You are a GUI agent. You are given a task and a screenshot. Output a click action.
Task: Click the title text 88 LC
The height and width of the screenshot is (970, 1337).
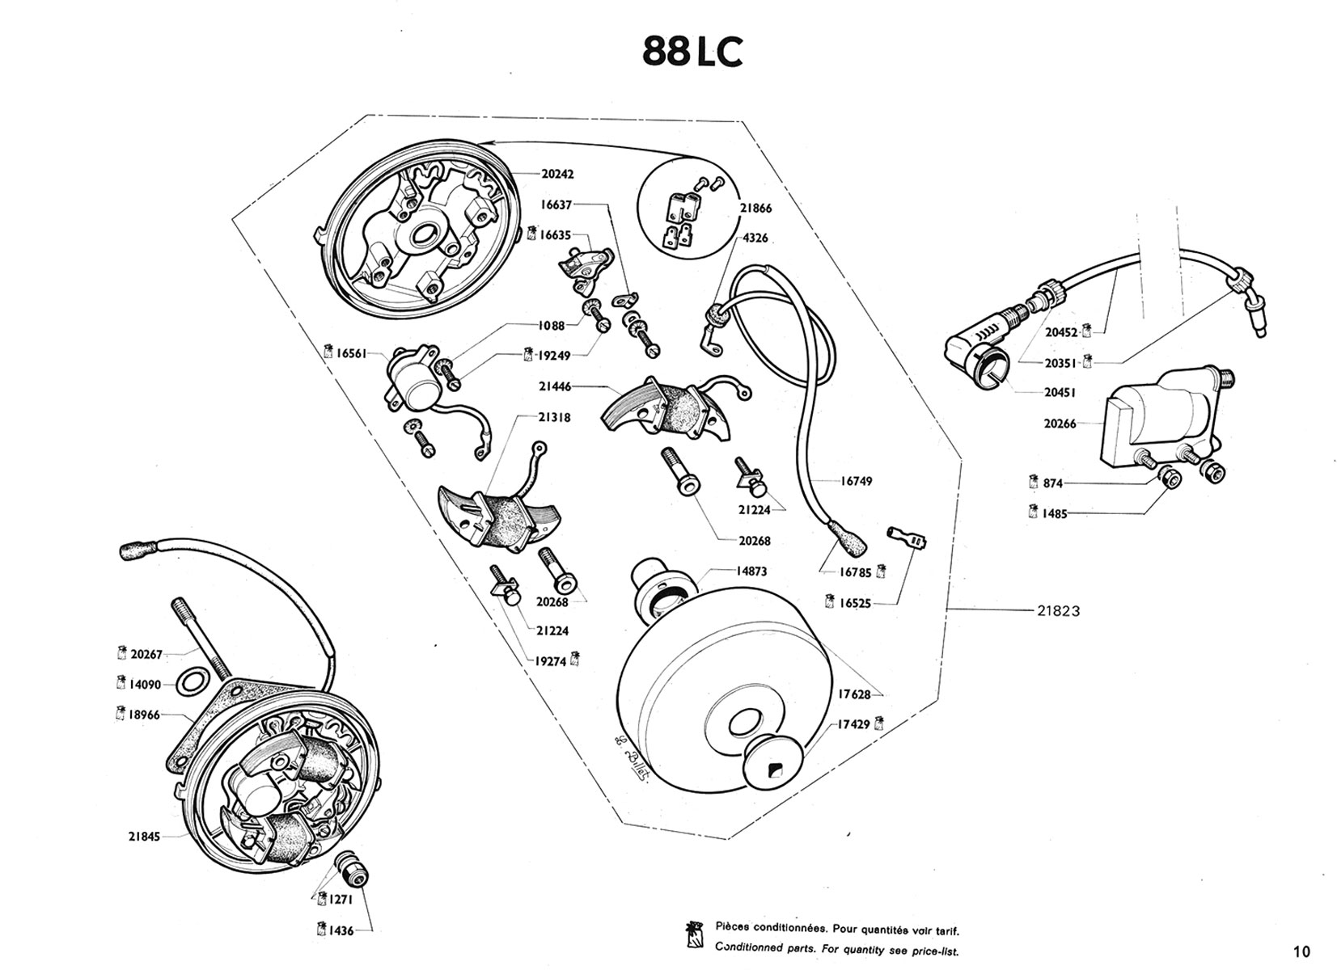click(692, 51)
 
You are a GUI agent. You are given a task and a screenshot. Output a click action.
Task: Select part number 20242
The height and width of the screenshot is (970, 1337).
click(557, 174)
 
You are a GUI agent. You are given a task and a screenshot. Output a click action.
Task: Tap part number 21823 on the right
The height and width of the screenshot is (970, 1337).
click(1058, 611)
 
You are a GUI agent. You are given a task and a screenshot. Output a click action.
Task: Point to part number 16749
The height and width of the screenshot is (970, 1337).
click(856, 481)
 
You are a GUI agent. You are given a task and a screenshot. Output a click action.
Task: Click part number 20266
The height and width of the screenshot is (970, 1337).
click(1060, 423)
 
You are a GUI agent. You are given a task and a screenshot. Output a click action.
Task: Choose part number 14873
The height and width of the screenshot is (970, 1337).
click(751, 571)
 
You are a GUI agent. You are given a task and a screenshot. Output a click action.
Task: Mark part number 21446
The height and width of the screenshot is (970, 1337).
click(555, 386)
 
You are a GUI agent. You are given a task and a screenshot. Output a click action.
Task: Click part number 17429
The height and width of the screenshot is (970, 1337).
click(853, 724)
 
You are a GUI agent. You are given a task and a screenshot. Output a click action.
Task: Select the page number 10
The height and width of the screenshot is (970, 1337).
click(1301, 951)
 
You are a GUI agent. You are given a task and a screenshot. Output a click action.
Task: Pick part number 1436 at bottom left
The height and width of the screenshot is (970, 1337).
click(341, 930)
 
